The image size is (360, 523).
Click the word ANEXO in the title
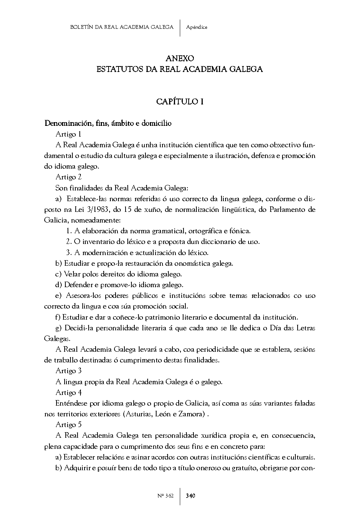point(180,58)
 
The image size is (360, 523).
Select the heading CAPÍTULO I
point(180,101)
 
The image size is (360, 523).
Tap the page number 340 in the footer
point(191,496)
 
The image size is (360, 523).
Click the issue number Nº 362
point(165,496)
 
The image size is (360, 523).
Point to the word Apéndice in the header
point(197,27)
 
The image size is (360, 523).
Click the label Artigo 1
point(68,134)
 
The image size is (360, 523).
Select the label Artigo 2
point(68,177)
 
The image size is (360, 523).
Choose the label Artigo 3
point(68,371)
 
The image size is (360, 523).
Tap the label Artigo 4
point(68,392)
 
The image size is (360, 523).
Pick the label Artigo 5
point(68,425)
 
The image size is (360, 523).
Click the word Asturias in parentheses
point(138,414)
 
